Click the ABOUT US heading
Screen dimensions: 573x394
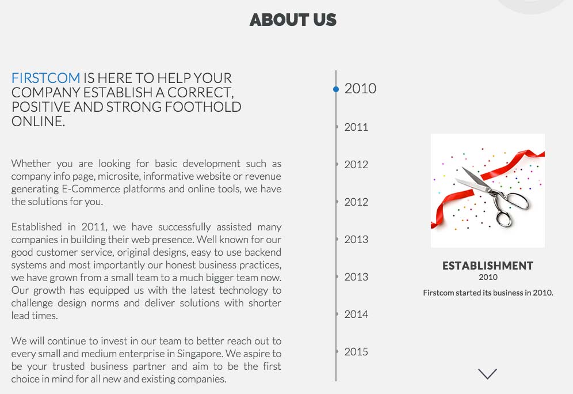tap(293, 20)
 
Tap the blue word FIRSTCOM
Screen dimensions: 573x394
tap(45, 78)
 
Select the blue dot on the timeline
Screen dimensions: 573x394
tap(336, 89)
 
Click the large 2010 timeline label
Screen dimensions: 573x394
tap(360, 89)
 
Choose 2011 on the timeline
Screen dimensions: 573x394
tap(356, 127)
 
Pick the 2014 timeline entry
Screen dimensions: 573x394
tap(356, 315)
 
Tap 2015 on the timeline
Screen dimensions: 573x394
tap(356, 351)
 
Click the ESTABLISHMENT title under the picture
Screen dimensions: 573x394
tap(488, 266)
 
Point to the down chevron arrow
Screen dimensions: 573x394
tap(487, 373)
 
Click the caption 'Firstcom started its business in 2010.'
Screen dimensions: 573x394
tap(488, 293)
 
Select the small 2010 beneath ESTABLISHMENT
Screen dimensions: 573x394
tap(488, 277)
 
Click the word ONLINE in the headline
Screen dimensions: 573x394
tap(38, 121)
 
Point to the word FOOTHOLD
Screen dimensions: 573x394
tap(203, 107)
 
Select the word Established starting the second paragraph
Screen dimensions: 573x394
tap(36, 227)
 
